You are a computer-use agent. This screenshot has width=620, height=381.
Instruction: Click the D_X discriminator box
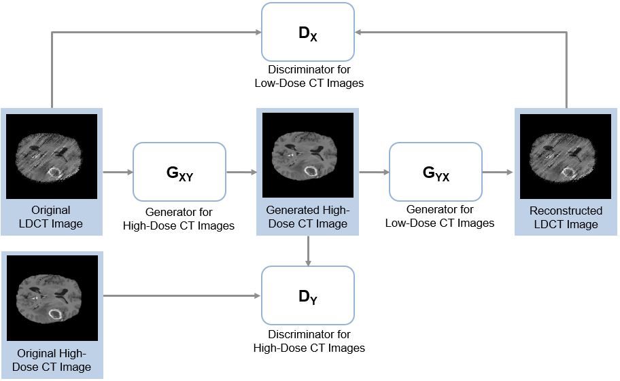(x=308, y=32)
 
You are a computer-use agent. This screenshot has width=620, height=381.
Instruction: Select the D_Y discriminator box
(x=308, y=295)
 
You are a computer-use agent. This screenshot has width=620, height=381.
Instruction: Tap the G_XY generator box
(x=179, y=172)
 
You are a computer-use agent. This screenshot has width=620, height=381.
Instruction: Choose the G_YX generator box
(x=436, y=172)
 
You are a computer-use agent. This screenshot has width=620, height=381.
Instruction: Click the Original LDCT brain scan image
(x=52, y=156)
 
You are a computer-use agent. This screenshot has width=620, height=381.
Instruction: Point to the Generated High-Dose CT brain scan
(x=308, y=156)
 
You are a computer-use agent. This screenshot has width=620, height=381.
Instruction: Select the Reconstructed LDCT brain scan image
(x=566, y=156)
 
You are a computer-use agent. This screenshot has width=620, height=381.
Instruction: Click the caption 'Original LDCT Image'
(x=52, y=217)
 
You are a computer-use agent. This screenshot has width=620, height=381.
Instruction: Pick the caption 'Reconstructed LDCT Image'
(x=566, y=217)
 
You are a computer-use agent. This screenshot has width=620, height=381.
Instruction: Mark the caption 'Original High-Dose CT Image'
(x=52, y=360)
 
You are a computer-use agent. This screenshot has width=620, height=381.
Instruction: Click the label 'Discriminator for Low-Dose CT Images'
(x=309, y=76)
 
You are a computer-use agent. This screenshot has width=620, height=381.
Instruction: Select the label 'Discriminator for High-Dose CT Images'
(x=309, y=341)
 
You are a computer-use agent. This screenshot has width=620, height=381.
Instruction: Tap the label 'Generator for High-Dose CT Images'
(x=179, y=219)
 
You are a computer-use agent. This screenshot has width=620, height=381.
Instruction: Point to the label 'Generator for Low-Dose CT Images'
(x=439, y=216)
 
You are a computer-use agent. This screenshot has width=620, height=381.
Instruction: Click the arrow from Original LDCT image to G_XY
(x=117, y=173)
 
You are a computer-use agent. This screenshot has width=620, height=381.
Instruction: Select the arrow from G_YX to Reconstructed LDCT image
(x=498, y=173)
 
